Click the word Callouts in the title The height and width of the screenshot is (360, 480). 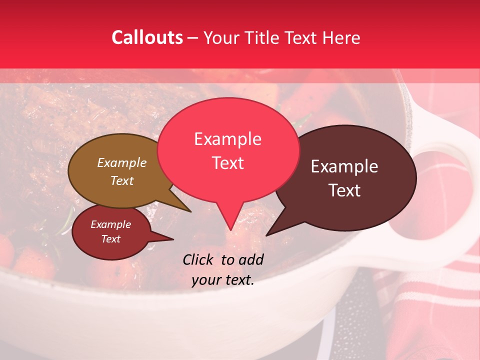tap(147, 37)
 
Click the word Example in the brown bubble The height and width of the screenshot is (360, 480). tap(122, 162)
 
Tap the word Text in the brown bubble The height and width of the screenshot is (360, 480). tap(122, 180)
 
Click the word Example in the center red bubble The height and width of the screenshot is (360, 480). tap(227, 139)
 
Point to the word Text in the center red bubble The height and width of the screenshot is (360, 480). tap(227, 163)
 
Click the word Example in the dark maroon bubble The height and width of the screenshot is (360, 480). tap(344, 166)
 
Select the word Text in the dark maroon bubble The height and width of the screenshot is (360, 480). tap(344, 190)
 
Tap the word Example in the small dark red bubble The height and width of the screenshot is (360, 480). tap(110, 224)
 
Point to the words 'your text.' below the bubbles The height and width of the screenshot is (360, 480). tap(222, 280)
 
